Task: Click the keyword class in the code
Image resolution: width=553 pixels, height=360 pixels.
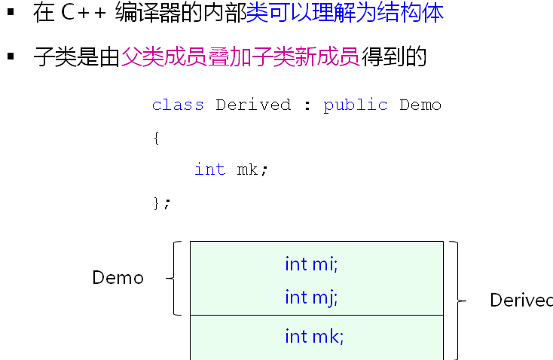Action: tap(178, 105)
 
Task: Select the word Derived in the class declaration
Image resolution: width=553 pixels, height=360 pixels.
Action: tap(253, 105)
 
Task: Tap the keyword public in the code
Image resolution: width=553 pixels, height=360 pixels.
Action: tap(356, 105)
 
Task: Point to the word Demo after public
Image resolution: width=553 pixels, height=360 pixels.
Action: tap(420, 105)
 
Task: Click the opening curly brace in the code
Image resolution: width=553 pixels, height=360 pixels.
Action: tap(156, 138)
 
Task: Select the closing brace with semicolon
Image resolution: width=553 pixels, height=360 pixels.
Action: tap(162, 203)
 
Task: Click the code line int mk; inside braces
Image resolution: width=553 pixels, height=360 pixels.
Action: tap(231, 169)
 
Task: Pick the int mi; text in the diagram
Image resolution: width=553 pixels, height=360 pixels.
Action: tap(311, 264)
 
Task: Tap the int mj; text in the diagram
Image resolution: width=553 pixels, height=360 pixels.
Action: tap(311, 297)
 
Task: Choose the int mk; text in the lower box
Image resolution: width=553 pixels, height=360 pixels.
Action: tap(314, 337)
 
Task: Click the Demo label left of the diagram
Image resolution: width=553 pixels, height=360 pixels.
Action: tap(118, 278)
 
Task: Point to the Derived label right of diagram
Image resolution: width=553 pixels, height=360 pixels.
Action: tap(521, 301)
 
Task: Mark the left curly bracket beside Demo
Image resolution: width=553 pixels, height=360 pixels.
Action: tap(176, 278)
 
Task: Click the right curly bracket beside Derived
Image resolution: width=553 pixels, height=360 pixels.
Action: tap(455, 301)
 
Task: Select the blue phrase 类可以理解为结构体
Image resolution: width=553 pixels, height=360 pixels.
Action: tap(344, 13)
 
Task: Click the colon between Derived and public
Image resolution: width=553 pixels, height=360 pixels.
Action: tap(307, 105)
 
